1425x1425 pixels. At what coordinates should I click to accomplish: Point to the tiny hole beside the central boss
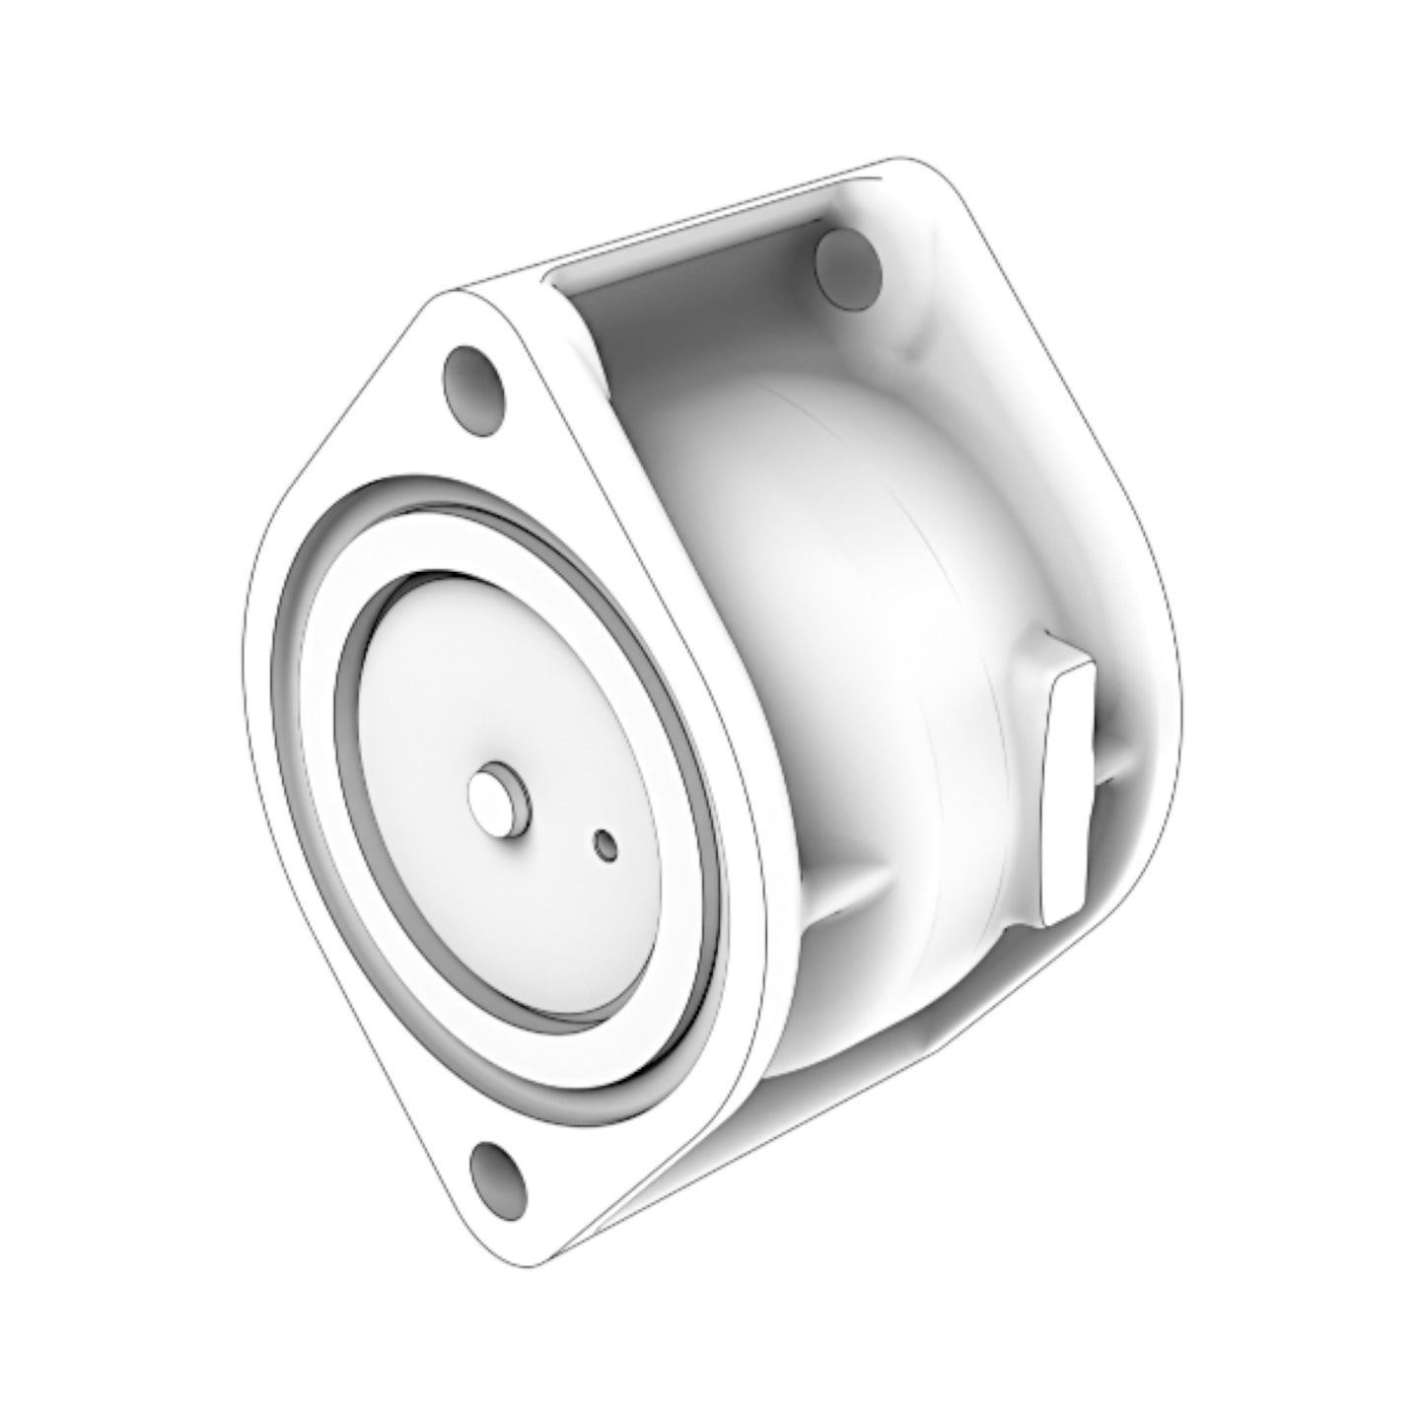604,844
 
